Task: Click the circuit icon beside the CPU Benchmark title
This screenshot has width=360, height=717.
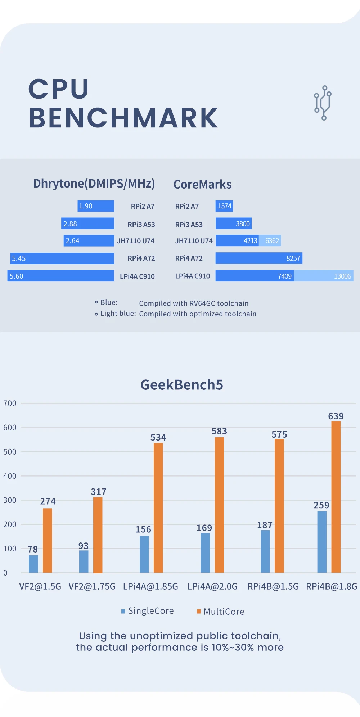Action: pyautogui.click(x=323, y=103)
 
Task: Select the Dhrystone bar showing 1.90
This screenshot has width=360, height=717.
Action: pyautogui.click(x=96, y=206)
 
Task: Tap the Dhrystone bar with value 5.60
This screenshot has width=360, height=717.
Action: pyautogui.click(x=60, y=276)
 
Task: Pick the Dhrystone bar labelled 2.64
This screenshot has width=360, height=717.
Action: pyautogui.click(x=89, y=241)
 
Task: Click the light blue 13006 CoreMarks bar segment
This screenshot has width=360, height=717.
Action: pyautogui.click(x=323, y=276)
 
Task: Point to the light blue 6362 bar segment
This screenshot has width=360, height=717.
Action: pyautogui.click(x=270, y=241)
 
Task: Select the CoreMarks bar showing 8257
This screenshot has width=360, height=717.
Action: pyautogui.click(x=258, y=258)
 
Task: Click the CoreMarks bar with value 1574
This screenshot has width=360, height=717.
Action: pyautogui.click(x=224, y=206)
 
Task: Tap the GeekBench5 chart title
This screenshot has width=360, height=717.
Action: pyautogui.click(x=182, y=385)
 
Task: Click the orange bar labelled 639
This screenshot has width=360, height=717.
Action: pyautogui.click(x=336, y=497)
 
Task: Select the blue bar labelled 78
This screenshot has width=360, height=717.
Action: pyautogui.click(x=33, y=564)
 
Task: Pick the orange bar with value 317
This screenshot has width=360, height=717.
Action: pyautogui.click(x=98, y=535)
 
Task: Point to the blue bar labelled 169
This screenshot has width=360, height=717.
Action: pyautogui.click(x=205, y=553)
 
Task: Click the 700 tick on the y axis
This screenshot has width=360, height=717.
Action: pyautogui.click(x=10, y=403)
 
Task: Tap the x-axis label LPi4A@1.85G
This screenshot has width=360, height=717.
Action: pyautogui.click(x=150, y=587)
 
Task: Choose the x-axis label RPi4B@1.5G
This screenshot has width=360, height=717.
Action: pyautogui.click(x=273, y=587)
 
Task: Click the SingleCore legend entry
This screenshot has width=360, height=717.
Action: pyautogui.click(x=148, y=611)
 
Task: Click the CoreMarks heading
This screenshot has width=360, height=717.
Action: pyautogui.click(x=202, y=185)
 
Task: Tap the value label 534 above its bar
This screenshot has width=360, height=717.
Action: pyautogui.click(x=158, y=438)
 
